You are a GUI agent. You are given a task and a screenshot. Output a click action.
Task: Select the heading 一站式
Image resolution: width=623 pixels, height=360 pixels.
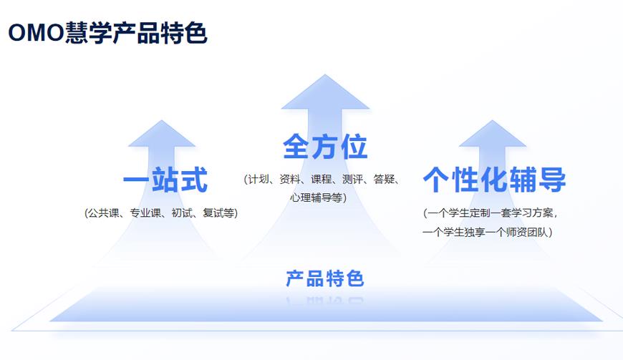[165, 180]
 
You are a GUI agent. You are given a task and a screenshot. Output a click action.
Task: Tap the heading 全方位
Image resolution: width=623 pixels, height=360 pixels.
[325, 147]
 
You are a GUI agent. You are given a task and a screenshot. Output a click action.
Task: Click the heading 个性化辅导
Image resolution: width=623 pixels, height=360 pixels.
[494, 180]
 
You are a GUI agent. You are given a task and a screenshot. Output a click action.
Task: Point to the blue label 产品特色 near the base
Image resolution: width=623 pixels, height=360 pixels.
[325, 278]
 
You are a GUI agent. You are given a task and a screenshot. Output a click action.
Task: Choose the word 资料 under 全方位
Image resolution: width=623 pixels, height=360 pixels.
[290, 179]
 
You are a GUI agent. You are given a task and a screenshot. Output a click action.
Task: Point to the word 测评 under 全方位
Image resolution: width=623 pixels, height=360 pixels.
[353, 179]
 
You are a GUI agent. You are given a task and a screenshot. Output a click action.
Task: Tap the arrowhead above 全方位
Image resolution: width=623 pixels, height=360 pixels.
[325, 94]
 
